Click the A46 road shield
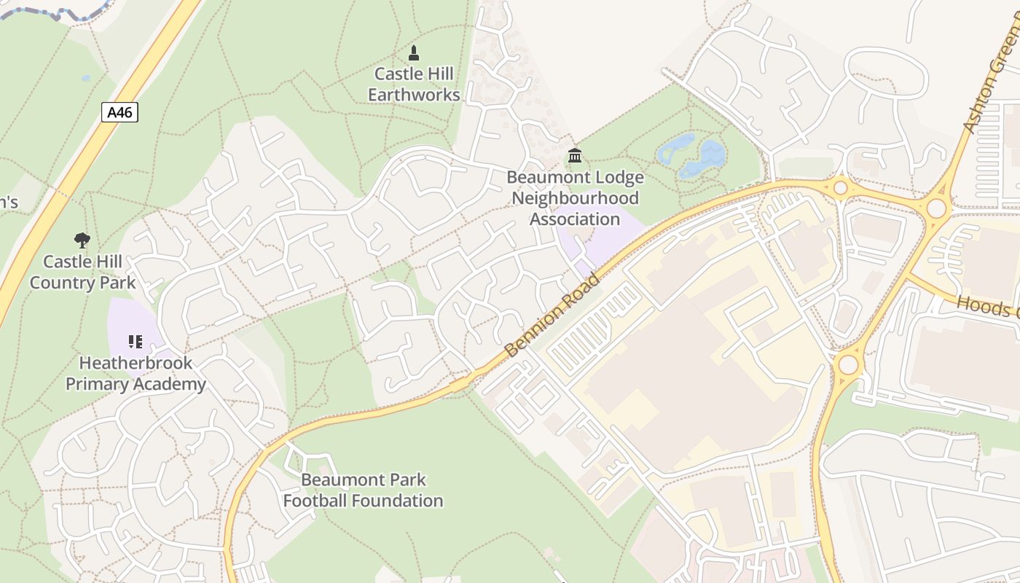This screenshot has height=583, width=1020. pyautogui.click(x=119, y=112)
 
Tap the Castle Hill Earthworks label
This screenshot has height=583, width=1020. pyautogui.click(x=414, y=84)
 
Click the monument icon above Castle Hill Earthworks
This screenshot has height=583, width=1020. pyautogui.click(x=414, y=52)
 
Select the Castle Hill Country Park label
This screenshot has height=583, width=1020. pyautogui.click(x=82, y=272)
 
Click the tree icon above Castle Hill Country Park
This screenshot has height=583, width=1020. pyautogui.click(x=82, y=240)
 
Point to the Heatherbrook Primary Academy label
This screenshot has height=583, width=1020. pyautogui.click(x=136, y=373)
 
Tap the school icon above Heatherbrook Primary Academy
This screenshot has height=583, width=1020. pyautogui.click(x=136, y=341)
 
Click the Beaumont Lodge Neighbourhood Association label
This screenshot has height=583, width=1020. pyautogui.click(x=575, y=197)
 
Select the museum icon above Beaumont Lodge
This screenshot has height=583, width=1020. pyautogui.click(x=575, y=155)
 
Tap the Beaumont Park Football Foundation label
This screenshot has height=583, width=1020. pyautogui.click(x=363, y=490)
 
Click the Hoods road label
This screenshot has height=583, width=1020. pyautogui.click(x=987, y=306)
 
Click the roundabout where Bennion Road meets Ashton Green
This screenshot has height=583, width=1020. pyautogui.click(x=936, y=209)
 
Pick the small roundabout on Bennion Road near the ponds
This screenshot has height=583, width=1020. pyautogui.click(x=840, y=188)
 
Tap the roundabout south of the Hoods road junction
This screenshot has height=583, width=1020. pyautogui.click(x=848, y=364)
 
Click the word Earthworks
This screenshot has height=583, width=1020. pyautogui.click(x=414, y=95)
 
